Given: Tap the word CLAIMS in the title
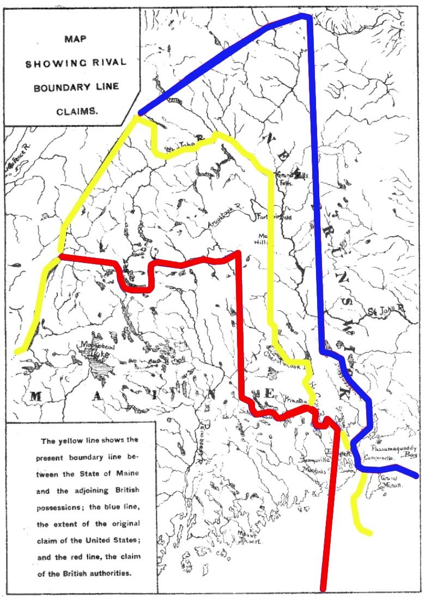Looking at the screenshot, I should (77, 112).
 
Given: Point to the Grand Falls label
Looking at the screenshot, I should (286, 178).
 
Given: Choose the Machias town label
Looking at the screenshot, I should (314, 471).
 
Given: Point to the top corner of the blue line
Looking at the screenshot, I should (308, 16).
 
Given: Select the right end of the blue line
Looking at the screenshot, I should (417, 475).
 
